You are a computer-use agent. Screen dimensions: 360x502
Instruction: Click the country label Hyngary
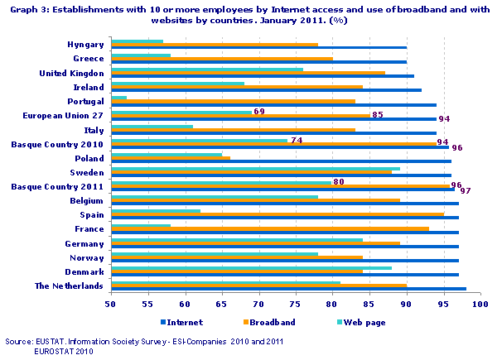click(x=85, y=44)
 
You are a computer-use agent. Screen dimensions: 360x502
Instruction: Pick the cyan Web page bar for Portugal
click(x=118, y=98)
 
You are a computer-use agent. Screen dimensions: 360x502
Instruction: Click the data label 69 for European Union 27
click(x=258, y=111)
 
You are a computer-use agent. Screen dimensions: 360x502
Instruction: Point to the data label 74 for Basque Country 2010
click(x=296, y=140)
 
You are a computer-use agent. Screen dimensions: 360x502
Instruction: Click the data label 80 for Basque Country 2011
click(x=338, y=181)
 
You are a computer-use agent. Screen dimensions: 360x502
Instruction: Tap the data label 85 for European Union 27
click(x=377, y=115)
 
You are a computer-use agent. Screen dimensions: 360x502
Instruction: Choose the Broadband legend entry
click(x=271, y=322)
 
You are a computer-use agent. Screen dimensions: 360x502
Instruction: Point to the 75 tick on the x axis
click(x=296, y=305)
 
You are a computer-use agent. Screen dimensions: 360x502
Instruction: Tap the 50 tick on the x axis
click(x=111, y=305)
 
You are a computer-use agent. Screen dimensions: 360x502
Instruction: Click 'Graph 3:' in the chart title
click(x=23, y=8)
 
